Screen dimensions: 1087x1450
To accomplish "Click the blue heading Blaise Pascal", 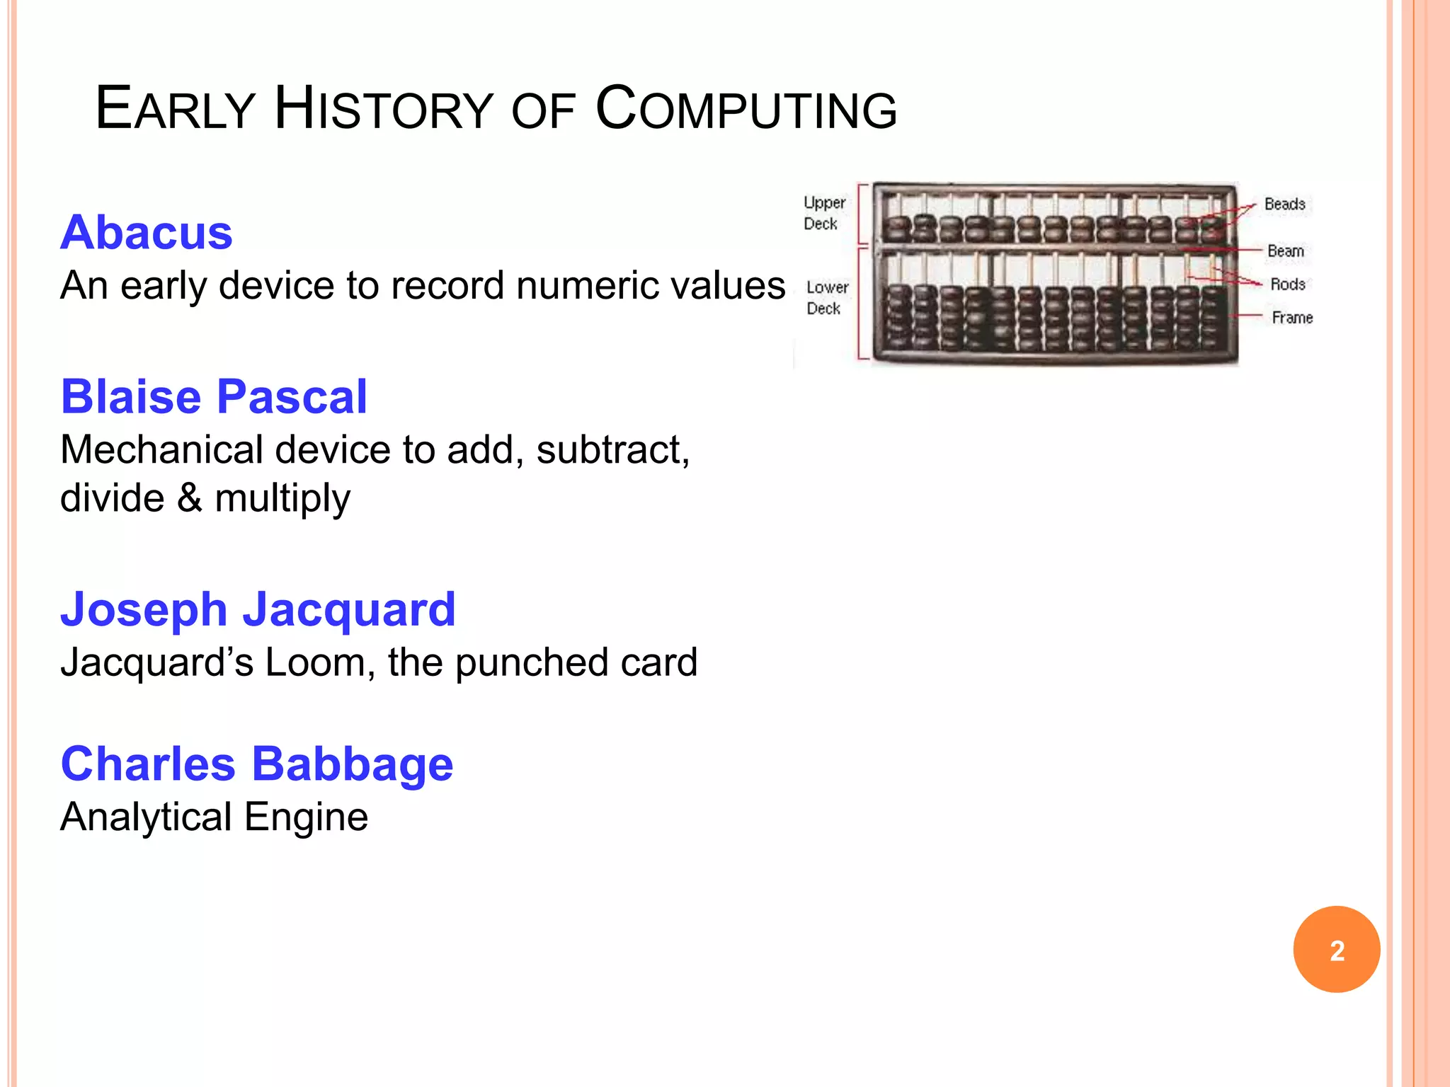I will [x=214, y=396].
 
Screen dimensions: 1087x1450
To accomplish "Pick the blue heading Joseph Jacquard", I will [x=258, y=609].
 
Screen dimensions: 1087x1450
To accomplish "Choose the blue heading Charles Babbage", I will [x=256, y=764].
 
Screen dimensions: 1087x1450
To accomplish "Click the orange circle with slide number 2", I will [x=1336, y=950].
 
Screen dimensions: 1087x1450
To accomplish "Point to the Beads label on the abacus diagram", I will [x=1284, y=205].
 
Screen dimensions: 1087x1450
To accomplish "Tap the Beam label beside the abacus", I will [x=1285, y=251].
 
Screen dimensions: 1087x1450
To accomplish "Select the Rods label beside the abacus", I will [x=1287, y=284].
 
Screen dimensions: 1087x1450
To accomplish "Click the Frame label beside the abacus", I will [x=1291, y=318].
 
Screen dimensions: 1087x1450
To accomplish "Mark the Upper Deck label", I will [x=823, y=213].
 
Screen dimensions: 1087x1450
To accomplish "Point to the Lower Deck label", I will [x=826, y=298].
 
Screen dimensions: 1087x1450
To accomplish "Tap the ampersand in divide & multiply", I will [x=189, y=498].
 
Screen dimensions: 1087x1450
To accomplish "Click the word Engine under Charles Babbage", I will [x=306, y=817].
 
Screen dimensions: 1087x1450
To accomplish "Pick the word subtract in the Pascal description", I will [x=611, y=450].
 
